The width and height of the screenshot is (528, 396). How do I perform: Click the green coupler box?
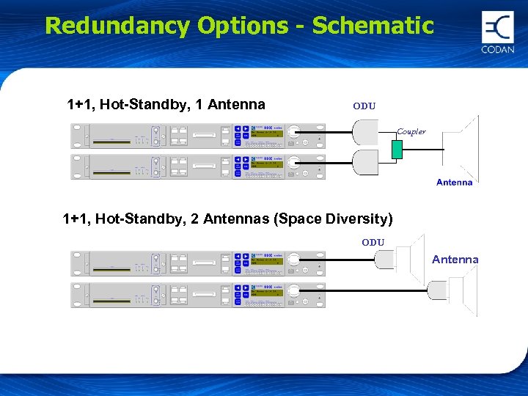[x=397, y=149]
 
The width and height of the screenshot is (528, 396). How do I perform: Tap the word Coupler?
[x=411, y=132]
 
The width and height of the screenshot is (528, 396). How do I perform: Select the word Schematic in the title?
[x=373, y=26]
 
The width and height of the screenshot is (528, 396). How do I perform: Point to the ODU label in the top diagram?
[x=364, y=106]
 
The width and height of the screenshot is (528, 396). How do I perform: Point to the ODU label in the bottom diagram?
[x=373, y=243]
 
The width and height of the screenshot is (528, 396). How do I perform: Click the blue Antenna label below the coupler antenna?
[x=454, y=182]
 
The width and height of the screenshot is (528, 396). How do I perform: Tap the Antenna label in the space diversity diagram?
[x=455, y=260]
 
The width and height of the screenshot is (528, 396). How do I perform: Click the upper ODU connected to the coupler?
[x=364, y=133]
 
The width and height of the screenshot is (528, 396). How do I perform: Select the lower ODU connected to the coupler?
[x=364, y=163]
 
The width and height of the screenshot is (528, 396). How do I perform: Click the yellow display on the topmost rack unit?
[x=267, y=135]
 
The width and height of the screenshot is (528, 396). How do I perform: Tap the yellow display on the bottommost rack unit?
[x=267, y=294]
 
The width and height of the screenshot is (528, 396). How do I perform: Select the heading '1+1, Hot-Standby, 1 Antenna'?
[x=166, y=105]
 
